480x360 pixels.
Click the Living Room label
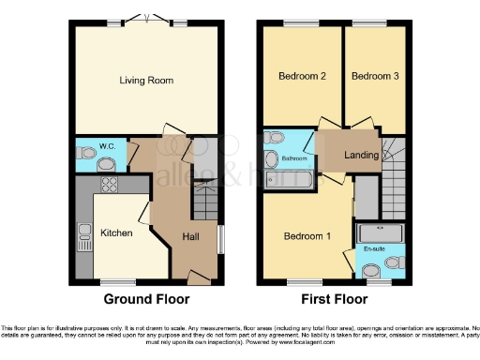tap(146, 81)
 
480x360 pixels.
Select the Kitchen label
tap(116, 232)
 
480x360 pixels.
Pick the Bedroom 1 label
tap(307, 236)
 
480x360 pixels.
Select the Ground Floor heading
tap(146, 300)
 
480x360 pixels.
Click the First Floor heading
tap(334, 300)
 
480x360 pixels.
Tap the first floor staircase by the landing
tap(395, 164)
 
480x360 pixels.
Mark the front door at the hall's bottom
tap(194, 277)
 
